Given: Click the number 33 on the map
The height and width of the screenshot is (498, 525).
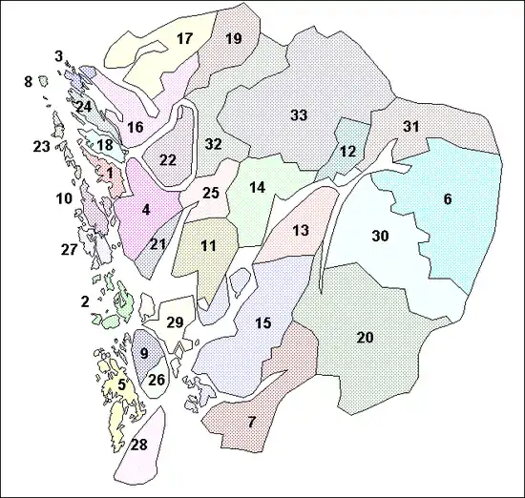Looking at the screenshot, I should [x=299, y=115].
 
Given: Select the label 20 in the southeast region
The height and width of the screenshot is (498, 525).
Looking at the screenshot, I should [x=365, y=338].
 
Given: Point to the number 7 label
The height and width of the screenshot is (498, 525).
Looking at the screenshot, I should [x=252, y=422].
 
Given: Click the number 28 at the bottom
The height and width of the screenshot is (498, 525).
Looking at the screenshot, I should [x=139, y=446].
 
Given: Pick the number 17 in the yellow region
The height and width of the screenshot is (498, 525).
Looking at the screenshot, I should [x=185, y=39].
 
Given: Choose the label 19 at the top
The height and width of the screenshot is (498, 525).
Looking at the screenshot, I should [x=233, y=39].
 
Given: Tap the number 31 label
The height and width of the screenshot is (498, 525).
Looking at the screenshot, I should [x=411, y=127].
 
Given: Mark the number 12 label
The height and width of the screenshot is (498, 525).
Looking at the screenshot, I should [x=347, y=152].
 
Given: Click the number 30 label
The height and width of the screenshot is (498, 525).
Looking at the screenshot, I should [x=381, y=236].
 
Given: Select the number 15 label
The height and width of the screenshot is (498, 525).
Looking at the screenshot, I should [x=263, y=323].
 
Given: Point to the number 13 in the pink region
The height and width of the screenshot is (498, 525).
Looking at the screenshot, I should [x=301, y=231].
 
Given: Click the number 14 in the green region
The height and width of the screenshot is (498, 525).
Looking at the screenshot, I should [x=257, y=188].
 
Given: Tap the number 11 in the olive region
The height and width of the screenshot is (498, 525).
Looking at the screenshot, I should [x=208, y=246].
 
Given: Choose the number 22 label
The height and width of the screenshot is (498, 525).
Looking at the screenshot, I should [x=168, y=159].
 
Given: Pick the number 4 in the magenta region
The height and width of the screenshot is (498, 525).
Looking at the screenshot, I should [x=145, y=209].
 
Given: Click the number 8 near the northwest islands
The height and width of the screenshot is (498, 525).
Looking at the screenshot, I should [x=28, y=83].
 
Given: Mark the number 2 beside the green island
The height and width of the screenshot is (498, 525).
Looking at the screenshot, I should [x=85, y=301].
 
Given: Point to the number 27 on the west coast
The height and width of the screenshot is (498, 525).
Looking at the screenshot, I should [x=69, y=250].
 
